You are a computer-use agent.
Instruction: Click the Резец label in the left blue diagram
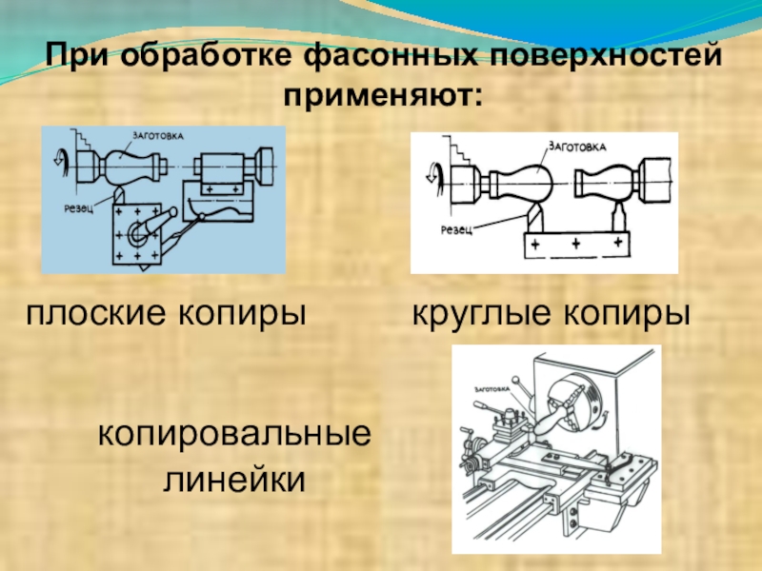[x=70, y=207]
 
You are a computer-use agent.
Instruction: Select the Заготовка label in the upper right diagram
[x=573, y=148]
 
